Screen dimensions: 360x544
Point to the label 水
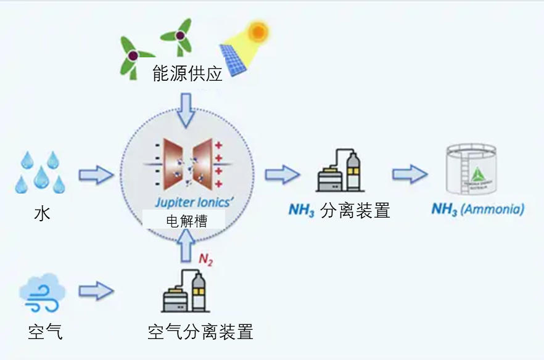[x=42, y=213]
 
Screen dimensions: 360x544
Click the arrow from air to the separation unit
[x=97, y=290]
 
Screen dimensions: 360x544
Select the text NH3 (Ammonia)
[x=478, y=210]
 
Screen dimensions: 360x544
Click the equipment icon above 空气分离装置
[x=184, y=291]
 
